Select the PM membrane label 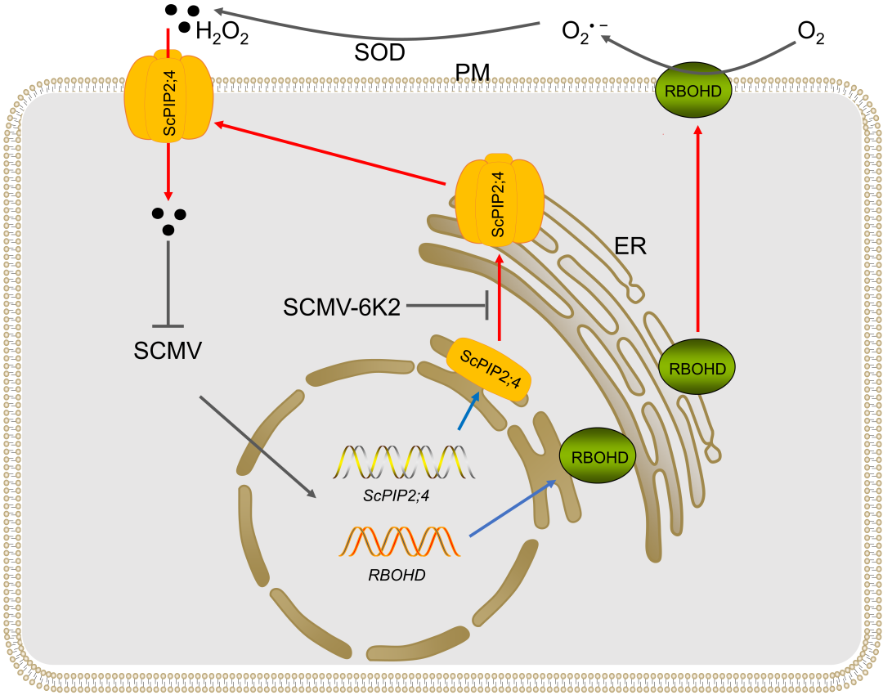point(473,73)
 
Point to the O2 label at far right point(810,34)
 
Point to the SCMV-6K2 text point(341,307)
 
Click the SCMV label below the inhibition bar point(168,352)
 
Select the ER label point(630,248)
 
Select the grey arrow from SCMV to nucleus point(257,446)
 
